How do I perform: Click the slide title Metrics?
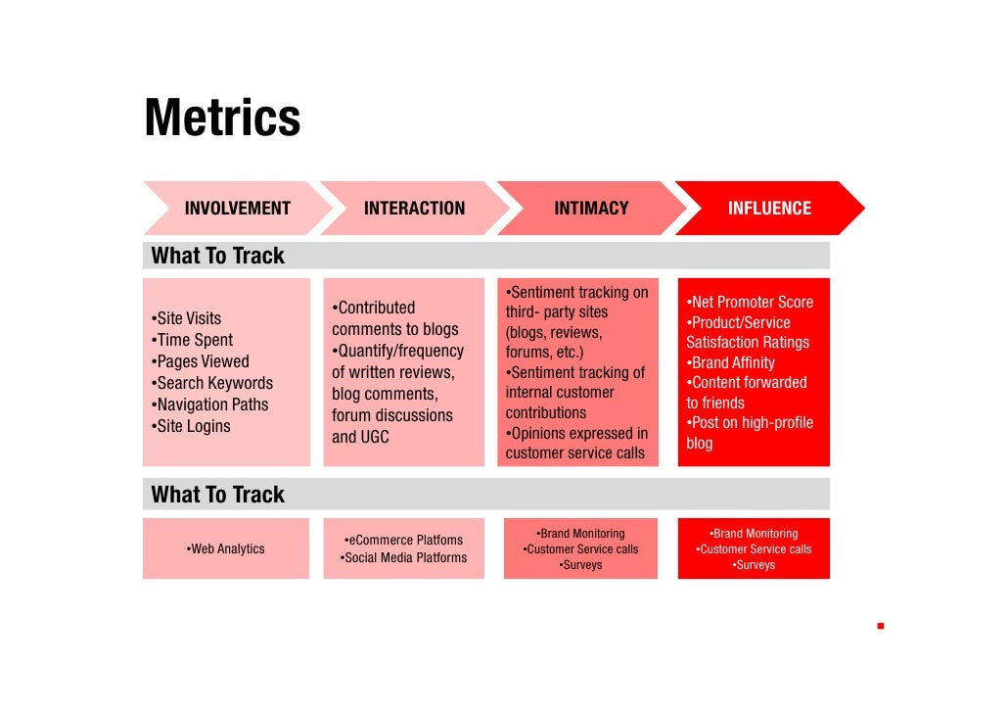(222, 118)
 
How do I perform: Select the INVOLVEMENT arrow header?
(238, 208)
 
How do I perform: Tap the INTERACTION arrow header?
(414, 208)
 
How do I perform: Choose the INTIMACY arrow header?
(591, 208)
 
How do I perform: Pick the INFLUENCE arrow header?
(769, 208)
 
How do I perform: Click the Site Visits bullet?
(186, 318)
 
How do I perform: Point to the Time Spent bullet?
(192, 340)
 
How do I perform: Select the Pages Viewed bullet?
(200, 361)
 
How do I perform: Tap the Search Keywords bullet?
(211, 383)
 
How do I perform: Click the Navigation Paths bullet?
(208, 404)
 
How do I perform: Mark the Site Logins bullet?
(191, 426)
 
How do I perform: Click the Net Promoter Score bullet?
(750, 302)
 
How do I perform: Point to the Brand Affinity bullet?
(731, 362)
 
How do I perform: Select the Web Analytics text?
(225, 548)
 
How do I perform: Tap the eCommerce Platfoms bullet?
(403, 540)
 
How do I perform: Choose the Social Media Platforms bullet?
(403, 557)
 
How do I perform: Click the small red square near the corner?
(881, 625)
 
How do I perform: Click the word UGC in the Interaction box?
(374, 437)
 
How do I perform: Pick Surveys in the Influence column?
(754, 565)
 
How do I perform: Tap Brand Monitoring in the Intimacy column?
(580, 534)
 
